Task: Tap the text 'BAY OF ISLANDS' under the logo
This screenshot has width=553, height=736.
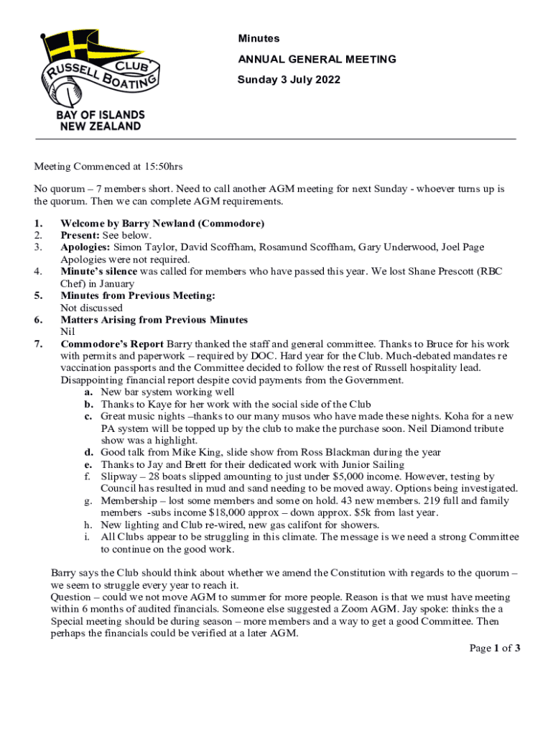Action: pyautogui.click(x=100, y=115)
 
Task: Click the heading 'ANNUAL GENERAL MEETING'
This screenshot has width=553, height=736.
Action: pyautogui.click(x=317, y=59)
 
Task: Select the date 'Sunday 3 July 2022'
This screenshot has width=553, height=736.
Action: pyautogui.click(x=289, y=80)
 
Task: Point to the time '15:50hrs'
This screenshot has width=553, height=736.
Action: pyautogui.click(x=159, y=167)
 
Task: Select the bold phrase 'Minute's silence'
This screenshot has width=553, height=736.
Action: pyautogui.click(x=98, y=272)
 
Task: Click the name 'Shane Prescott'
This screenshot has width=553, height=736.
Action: pyautogui.click(x=412, y=272)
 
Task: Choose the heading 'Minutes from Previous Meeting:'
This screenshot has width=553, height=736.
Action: pyautogui.click(x=138, y=295)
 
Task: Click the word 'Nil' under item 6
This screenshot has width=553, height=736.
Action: pyautogui.click(x=68, y=332)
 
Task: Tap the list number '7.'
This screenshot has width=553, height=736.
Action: pyautogui.click(x=39, y=344)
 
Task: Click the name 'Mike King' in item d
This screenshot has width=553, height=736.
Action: pyautogui.click(x=170, y=452)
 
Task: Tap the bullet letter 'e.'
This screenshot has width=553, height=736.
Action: pyautogui.click(x=88, y=464)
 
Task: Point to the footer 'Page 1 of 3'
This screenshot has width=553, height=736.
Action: pyautogui.click(x=495, y=648)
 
